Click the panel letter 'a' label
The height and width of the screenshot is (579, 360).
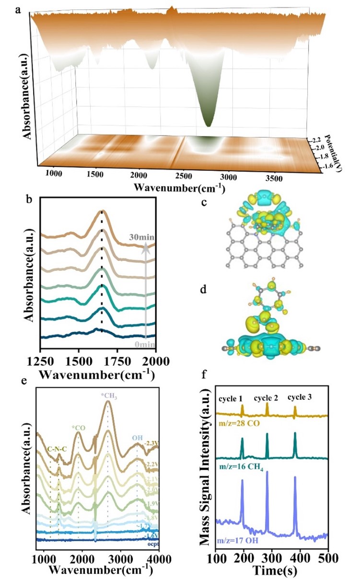tap(18, 8)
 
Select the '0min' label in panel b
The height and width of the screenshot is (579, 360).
tap(144, 344)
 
